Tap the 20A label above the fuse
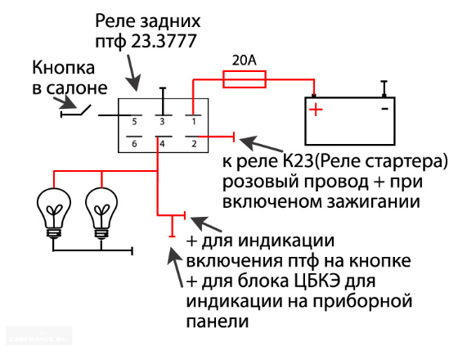tap(245, 61)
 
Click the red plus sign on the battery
tap(316, 110)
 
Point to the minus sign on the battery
tap(385, 109)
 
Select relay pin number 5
tap(134, 122)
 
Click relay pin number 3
tap(162, 122)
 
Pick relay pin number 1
tap(194, 122)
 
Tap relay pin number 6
tap(134, 144)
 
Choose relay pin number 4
tap(162, 144)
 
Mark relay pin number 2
tap(194, 144)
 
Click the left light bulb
tap(54, 214)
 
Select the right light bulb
tap(101, 214)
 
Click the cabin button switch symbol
tap(75, 111)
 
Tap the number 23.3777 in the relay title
tap(164, 41)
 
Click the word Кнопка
tap(64, 68)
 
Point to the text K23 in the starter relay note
tap(298, 161)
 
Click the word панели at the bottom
tap(218, 321)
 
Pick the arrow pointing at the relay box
tap(132, 72)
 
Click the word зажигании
tap(374, 202)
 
